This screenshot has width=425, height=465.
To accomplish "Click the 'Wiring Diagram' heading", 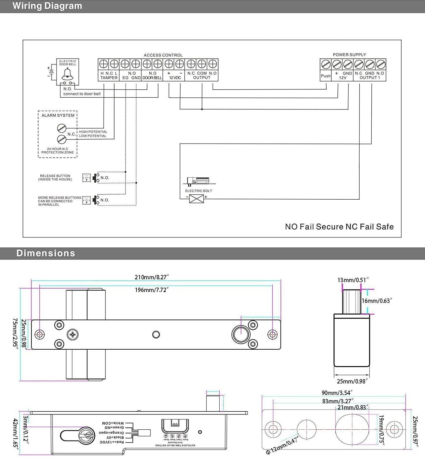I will (x=47, y=6).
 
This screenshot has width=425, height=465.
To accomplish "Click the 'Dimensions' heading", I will (x=46, y=253).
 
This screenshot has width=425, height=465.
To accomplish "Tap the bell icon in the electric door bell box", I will (x=67, y=74).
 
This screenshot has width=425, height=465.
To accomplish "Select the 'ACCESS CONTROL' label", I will (x=163, y=55).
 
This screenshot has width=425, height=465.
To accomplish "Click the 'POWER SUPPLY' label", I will (x=349, y=55).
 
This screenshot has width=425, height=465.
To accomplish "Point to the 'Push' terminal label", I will (x=326, y=76).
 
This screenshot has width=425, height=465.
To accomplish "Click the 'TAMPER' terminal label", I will (x=109, y=78).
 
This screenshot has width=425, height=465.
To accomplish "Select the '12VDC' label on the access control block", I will (x=175, y=78).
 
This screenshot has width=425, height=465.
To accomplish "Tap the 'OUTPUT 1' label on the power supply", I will (x=369, y=77).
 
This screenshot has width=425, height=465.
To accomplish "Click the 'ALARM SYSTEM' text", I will (x=58, y=115).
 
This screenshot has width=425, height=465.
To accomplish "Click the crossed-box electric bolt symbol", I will (x=196, y=199).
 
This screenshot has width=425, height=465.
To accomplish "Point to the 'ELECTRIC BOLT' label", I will (x=199, y=191).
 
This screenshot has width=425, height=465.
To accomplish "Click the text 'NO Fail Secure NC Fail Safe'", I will (x=339, y=227).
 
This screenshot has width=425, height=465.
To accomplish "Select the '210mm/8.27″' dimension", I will (x=152, y=277).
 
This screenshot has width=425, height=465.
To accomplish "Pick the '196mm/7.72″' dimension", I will (x=152, y=290).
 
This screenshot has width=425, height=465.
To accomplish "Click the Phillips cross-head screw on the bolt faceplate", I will (x=73, y=334).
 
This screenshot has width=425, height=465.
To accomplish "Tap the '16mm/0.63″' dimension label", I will (x=377, y=301).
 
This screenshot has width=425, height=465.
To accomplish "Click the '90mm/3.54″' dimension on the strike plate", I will (x=337, y=393).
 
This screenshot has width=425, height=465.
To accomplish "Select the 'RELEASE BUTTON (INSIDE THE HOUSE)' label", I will (x=55, y=178).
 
